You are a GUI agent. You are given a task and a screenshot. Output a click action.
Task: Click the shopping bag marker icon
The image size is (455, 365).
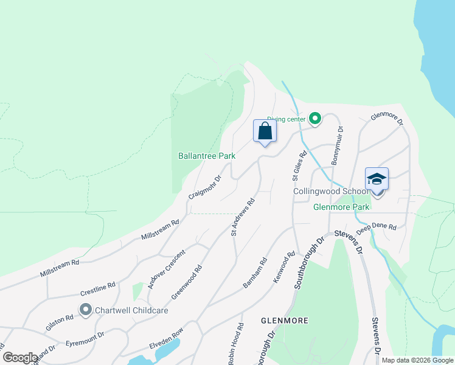point(265,131)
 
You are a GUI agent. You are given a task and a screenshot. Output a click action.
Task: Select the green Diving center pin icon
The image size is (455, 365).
point(315,119)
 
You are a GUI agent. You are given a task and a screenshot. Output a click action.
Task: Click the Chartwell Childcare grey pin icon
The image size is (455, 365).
point(85,310)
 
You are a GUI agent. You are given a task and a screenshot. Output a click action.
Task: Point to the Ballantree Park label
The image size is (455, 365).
point(206,156)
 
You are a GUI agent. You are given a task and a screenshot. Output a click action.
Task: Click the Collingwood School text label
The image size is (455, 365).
point(331,191)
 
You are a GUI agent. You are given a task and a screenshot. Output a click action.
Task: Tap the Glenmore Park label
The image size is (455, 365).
point(341,207)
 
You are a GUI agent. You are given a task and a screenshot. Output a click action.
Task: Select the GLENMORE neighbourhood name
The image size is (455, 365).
point(284,320)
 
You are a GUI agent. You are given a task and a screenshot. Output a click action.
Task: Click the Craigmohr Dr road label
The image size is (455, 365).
point(204,187)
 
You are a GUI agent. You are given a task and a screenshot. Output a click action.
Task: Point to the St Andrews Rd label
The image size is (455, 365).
point(242,217)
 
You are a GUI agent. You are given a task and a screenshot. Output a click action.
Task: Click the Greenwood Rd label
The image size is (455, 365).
point(186,282)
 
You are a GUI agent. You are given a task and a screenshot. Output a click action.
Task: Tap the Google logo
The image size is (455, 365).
point(20,357)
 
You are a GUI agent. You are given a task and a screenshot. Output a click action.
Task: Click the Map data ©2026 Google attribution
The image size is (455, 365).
point(417,360)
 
